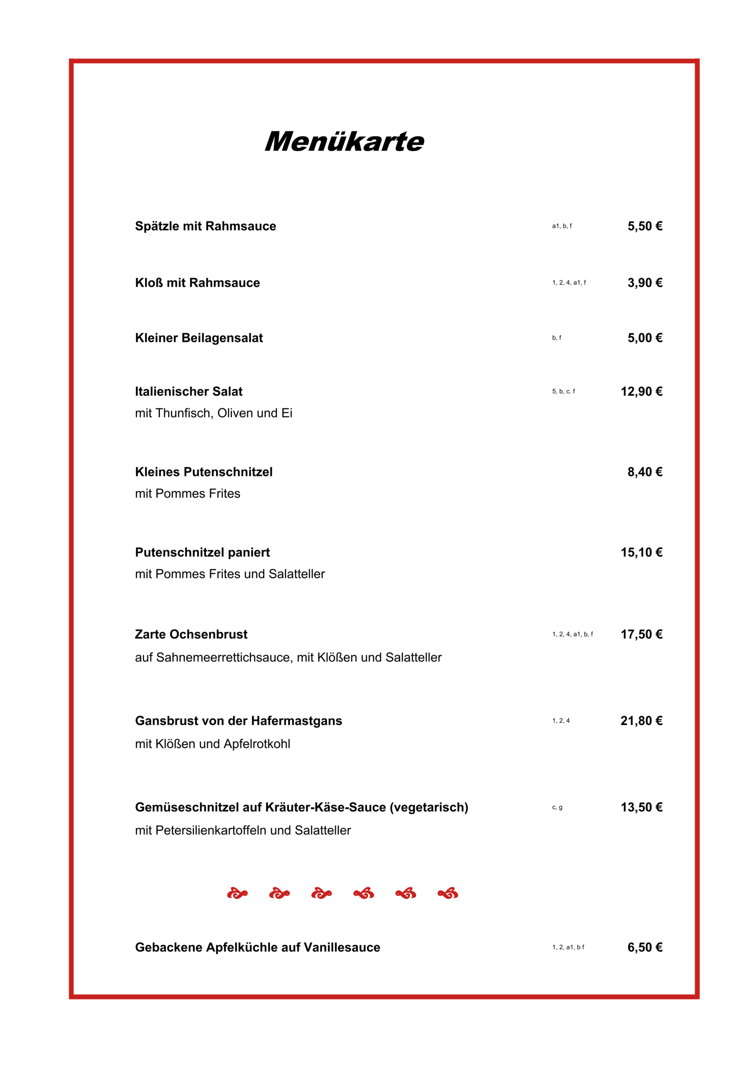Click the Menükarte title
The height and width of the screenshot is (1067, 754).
[x=344, y=141]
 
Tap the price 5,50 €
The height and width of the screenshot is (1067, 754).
[x=644, y=226]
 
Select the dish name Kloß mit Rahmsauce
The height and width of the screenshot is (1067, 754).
[x=197, y=283]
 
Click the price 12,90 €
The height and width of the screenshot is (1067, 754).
[x=641, y=391]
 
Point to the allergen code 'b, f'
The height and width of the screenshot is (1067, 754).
[x=556, y=338]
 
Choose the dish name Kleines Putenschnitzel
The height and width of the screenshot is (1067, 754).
[x=203, y=472]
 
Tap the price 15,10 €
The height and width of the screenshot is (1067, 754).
[x=641, y=552]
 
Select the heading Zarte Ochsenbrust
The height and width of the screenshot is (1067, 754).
[x=191, y=634]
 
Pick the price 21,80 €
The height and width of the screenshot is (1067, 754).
[x=641, y=721]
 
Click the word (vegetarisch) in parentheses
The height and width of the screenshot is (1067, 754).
[x=428, y=808]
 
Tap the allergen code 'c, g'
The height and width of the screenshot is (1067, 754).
[x=557, y=808]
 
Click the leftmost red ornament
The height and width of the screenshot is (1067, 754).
[x=237, y=893]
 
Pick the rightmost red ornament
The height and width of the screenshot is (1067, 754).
[x=448, y=893]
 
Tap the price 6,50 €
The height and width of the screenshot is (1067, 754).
[x=644, y=947]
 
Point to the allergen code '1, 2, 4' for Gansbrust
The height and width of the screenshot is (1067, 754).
[x=561, y=721]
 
